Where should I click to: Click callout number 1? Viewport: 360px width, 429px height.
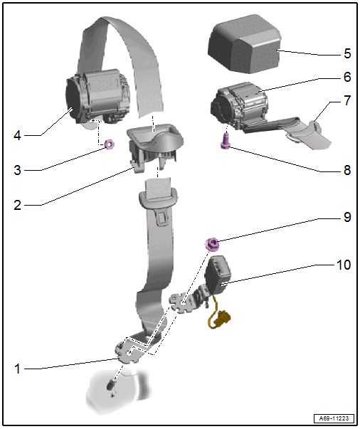[17, 369]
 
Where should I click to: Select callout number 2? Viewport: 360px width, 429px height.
[17, 205]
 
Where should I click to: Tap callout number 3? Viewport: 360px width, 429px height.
[17, 170]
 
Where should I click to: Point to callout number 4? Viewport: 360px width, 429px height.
[17, 135]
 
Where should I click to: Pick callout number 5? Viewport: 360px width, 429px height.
[347, 53]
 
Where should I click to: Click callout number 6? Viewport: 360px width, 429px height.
[347, 77]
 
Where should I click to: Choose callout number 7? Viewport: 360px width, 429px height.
[347, 100]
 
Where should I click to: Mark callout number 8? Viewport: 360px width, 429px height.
[347, 170]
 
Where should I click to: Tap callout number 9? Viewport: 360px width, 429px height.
[347, 217]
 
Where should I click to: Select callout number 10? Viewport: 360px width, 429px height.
[344, 265]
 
